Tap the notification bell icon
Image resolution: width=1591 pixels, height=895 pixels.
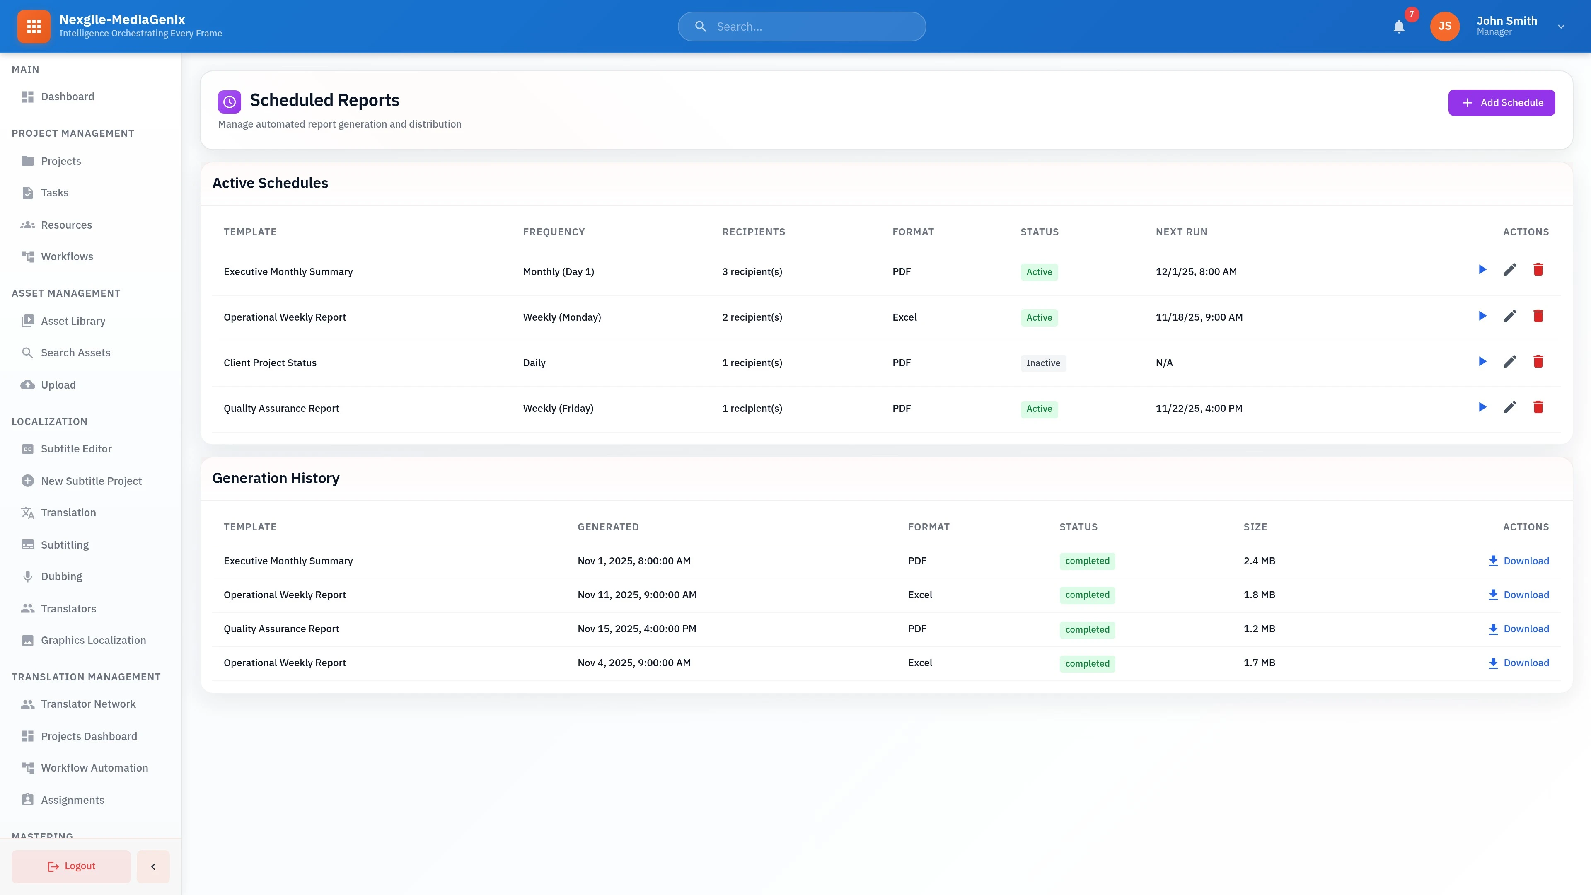tap(1399, 27)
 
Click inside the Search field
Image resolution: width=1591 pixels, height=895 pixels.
tap(809, 27)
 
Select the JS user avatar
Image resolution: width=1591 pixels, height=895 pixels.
tap(1445, 27)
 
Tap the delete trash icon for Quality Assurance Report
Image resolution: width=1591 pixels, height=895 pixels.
tap(1538, 408)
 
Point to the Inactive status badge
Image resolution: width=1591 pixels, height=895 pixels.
tap(1042, 363)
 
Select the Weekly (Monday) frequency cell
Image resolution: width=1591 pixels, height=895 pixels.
tap(561, 317)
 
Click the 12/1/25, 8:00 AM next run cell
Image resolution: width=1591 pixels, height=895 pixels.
tap(1196, 272)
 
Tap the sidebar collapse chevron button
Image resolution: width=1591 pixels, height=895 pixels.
tap(153, 866)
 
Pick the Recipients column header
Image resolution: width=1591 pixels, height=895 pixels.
tap(754, 232)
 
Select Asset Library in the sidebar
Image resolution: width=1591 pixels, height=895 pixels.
tap(73, 321)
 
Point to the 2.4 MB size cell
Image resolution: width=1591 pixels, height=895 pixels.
tap(1259, 561)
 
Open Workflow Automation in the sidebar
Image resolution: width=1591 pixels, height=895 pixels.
tap(94, 768)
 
